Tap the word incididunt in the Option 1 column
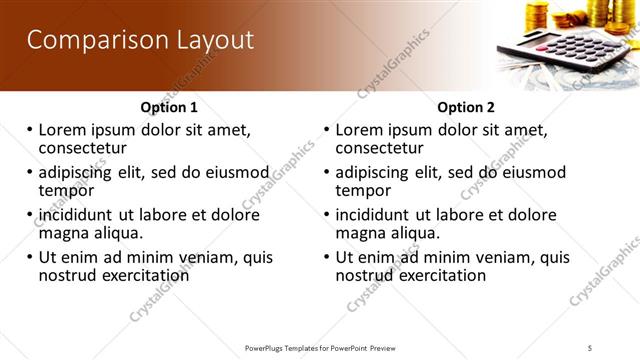(x=78, y=215)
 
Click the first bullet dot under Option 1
(x=30, y=131)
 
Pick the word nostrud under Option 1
(x=68, y=275)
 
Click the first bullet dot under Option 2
(x=327, y=131)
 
